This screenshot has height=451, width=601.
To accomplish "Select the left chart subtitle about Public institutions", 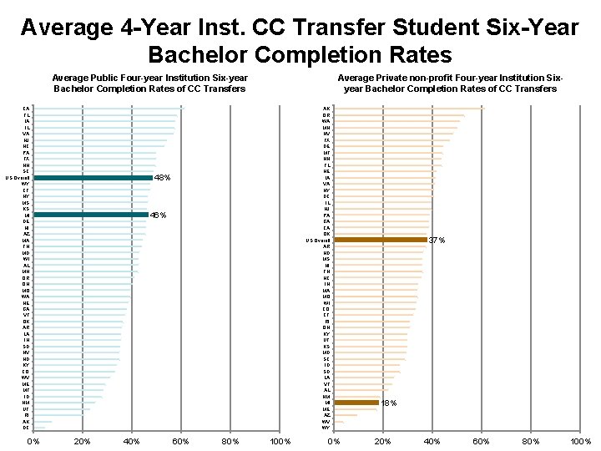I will [x=149, y=83].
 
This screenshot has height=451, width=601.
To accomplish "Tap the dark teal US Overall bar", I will [x=93, y=178].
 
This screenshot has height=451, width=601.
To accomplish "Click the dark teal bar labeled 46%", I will [x=90, y=215].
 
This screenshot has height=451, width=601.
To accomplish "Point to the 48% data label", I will [x=163, y=178].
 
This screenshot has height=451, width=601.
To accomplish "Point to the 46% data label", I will [x=158, y=215].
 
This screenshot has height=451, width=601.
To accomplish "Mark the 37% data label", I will [x=437, y=241].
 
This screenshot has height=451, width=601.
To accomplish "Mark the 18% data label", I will [x=388, y=403].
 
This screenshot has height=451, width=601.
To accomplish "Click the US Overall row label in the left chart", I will [x=18, y=178].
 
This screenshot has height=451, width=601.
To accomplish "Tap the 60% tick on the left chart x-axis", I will [x=180, y=441].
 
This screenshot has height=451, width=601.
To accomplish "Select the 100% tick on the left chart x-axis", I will [x=280, y=441].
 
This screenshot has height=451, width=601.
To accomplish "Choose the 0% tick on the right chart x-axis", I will [x=334, y=441].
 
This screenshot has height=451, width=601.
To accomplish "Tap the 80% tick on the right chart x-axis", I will [x=531, y=441].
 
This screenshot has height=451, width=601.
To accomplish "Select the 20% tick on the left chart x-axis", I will [x=82, y=441].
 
